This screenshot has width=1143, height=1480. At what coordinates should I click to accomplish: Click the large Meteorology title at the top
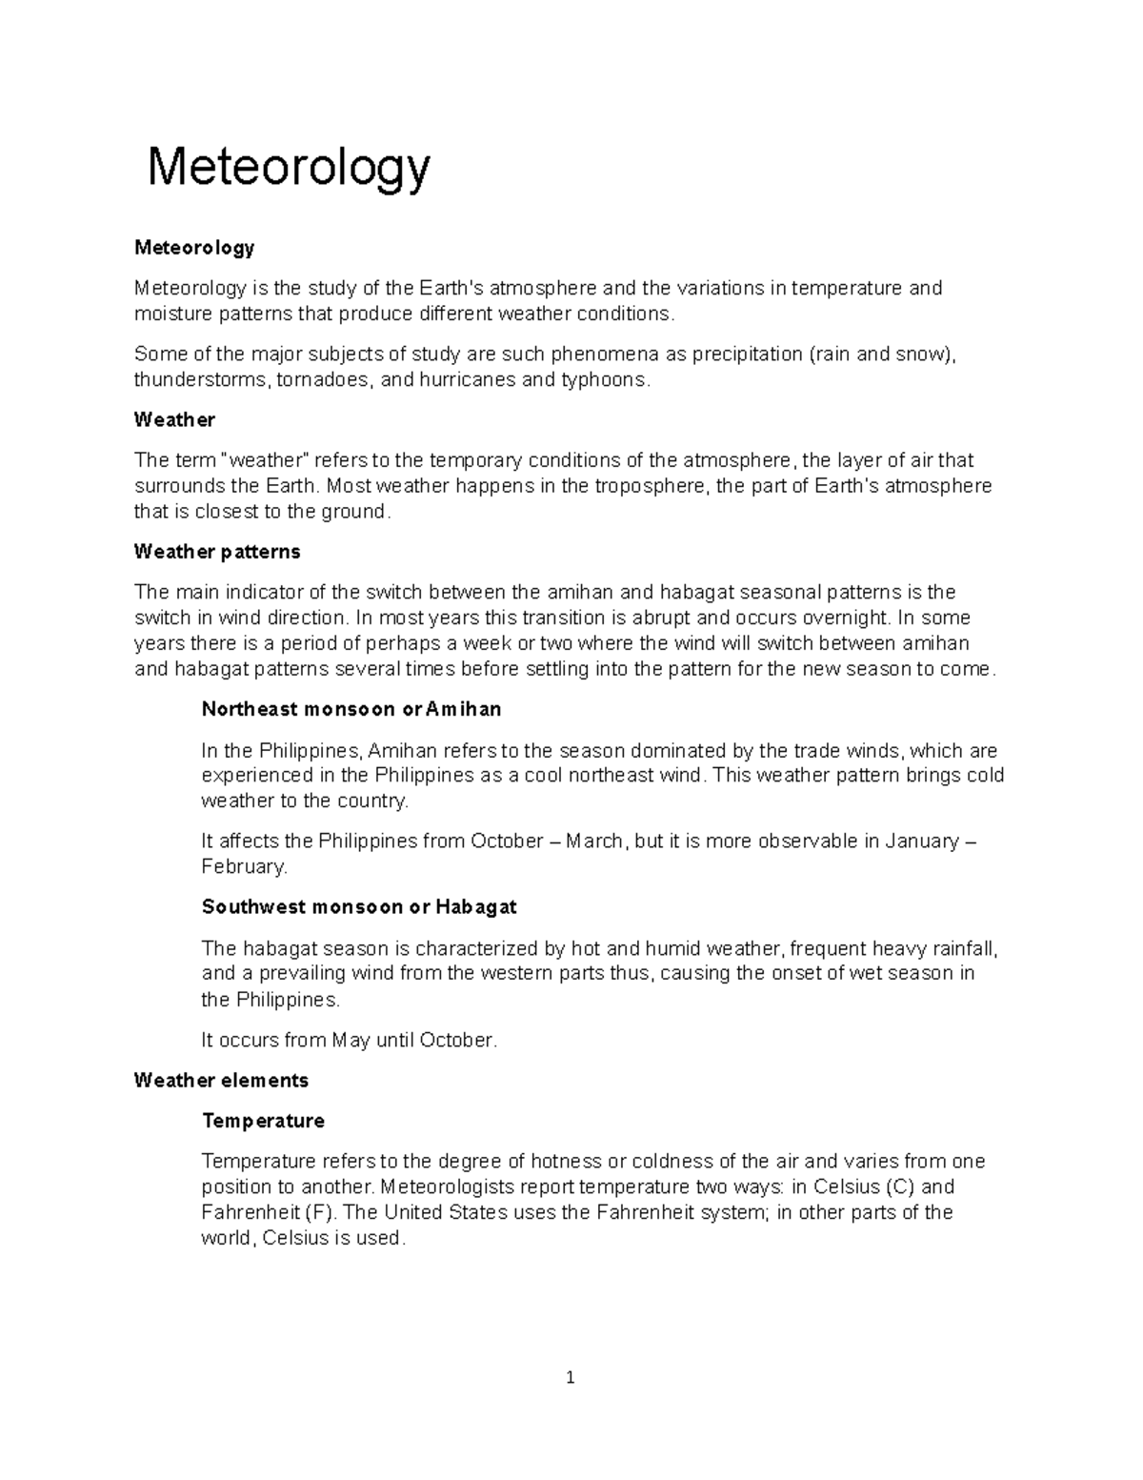(289, 168)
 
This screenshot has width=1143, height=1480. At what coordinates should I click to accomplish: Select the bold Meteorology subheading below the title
(194, 248)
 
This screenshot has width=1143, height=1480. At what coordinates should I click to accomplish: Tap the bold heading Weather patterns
(217, 552)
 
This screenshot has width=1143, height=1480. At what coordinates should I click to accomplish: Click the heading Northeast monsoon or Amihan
(351, 709)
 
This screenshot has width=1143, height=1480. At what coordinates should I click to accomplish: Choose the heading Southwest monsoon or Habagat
(359, 906)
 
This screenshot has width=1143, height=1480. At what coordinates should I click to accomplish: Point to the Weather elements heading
(221, 1080)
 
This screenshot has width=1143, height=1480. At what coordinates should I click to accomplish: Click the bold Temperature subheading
(263, 1121)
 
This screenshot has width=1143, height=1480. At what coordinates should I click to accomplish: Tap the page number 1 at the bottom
(570, 1377)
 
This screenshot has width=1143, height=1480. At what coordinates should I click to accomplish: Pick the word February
(243, 867)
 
